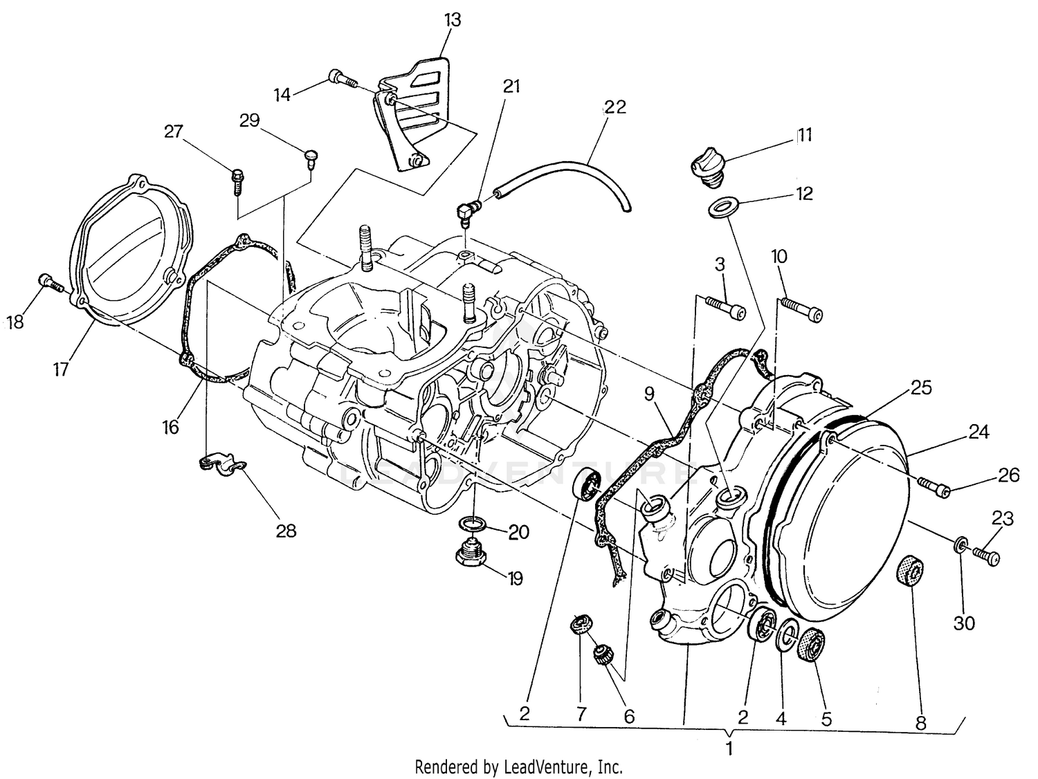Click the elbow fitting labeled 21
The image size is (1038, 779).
pos(467,209)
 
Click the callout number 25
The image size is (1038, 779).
pos(921,387)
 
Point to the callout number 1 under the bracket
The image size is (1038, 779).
pos(729,748)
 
